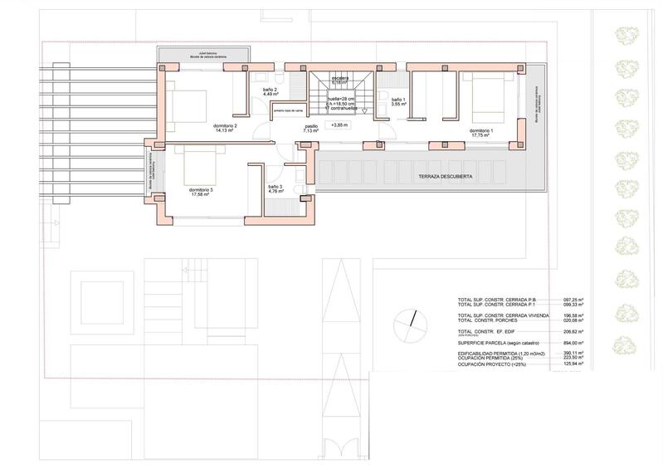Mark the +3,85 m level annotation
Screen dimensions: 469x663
click(339, 125)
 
